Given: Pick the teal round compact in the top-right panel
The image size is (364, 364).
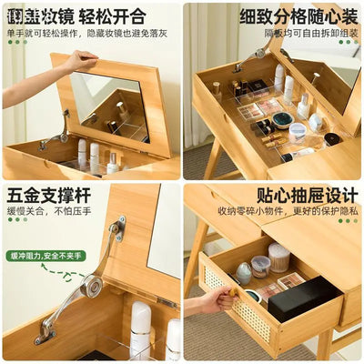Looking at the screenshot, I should point(283,119).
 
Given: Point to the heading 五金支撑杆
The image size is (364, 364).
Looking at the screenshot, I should point(43,197).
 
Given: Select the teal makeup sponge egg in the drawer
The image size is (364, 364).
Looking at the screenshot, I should point(244,272).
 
